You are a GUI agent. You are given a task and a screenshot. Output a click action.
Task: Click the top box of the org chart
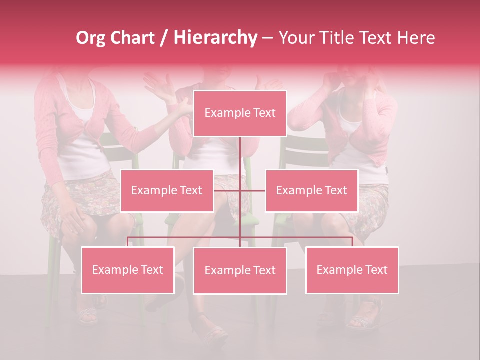click(240, 113)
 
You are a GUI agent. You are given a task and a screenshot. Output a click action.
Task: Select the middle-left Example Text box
click(167, 190)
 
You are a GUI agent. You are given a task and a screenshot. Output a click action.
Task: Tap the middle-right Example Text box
click(311, 190)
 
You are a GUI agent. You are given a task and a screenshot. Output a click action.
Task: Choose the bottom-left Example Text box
click(127, 270)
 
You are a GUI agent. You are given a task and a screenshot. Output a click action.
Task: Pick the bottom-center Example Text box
click(240, 270)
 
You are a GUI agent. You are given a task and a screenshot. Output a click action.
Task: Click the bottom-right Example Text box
click(352, 270)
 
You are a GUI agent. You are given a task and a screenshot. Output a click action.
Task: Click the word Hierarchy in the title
click(215, 38)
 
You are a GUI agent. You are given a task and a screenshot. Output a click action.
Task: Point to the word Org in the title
click(91, 38)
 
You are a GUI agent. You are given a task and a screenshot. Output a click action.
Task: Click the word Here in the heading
click(415, 38)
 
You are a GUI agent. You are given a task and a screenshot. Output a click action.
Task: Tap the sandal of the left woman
click(87, 315)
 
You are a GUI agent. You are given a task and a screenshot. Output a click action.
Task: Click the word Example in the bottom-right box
click(338, 270)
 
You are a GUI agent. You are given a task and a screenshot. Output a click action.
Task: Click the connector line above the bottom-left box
click(127, 242)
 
